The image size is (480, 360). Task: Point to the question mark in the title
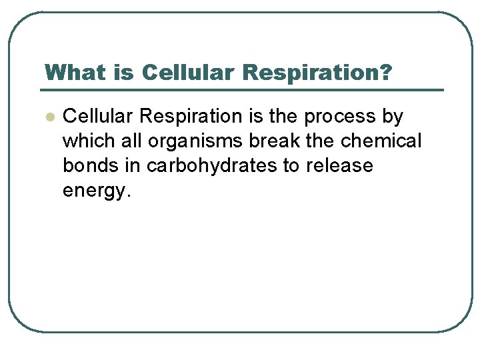[385, 71]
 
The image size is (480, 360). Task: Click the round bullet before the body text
[48, 117]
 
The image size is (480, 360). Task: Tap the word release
[339, 166]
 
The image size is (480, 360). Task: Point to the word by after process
[393, 117]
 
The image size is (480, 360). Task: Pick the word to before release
[291, 166]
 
